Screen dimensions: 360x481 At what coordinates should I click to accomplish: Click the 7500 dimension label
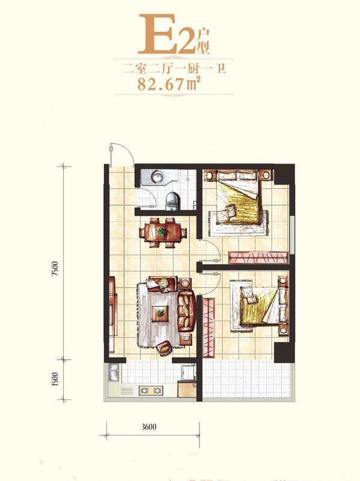click(55, 268)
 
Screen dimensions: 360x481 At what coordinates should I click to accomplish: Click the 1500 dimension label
click(55, 379)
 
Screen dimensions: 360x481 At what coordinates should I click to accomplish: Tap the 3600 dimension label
click(149, 427)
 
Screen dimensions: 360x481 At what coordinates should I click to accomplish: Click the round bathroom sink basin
click(158, 177)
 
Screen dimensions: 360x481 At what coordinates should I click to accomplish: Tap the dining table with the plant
click(162, 232)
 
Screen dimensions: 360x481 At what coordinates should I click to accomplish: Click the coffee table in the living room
click(160, 313)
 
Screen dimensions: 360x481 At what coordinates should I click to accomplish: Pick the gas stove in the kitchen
click(151, 390)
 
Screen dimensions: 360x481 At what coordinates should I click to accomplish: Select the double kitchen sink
click(114, 372)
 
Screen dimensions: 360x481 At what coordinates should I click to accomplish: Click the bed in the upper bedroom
click(238, 197)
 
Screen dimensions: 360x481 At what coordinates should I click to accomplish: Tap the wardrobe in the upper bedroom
click(258, 257)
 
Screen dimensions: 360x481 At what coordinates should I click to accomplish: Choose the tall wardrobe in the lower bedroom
click(209, 327)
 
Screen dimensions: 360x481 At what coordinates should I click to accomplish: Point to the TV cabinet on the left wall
click(112, 314)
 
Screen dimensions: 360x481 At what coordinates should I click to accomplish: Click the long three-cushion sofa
click(186, 311)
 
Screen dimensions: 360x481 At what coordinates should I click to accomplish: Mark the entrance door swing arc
click(126, 152)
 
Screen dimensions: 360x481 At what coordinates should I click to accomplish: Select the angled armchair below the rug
click(164, 348)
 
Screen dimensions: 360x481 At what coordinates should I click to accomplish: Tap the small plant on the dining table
click(162, 232)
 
